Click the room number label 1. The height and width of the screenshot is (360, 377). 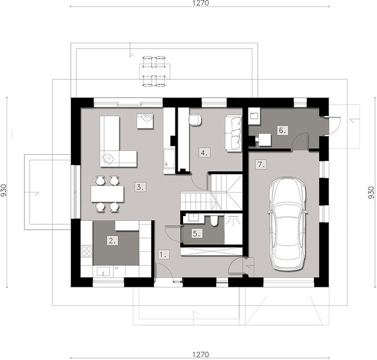click(164, 254)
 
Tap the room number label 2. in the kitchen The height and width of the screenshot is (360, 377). click(112, 241)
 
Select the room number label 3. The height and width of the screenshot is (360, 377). click(140, 187)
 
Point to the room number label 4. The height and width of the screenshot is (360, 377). click(204, 152)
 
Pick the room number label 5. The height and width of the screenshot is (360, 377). click(197, 233)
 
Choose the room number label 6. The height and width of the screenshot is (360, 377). click(282, 130)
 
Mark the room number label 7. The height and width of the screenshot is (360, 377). click(261, 165)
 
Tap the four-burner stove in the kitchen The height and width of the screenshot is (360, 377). click(86, 251)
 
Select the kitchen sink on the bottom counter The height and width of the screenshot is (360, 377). click(103, 271)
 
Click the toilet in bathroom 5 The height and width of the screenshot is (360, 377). click(214, 221)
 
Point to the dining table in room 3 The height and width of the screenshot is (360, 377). click(107, 194)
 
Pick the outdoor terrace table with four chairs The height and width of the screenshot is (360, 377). click(155, 71)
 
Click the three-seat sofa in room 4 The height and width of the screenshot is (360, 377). click(233, 133)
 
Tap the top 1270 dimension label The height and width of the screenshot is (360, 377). click(201, 3)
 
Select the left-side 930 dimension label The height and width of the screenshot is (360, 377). click(4, 190)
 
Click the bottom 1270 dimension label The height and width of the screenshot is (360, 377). click(201, 355)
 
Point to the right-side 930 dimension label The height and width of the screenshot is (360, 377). click(372, 192)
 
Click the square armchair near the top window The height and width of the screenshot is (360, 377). click(145, 121)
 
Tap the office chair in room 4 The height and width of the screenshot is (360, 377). click(195, 119)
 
